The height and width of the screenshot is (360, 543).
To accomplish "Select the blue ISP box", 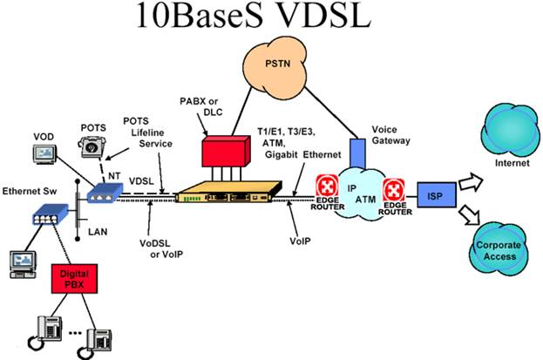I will [x=432, y=194].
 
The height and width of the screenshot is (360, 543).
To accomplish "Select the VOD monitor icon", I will [x=44, y=154].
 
